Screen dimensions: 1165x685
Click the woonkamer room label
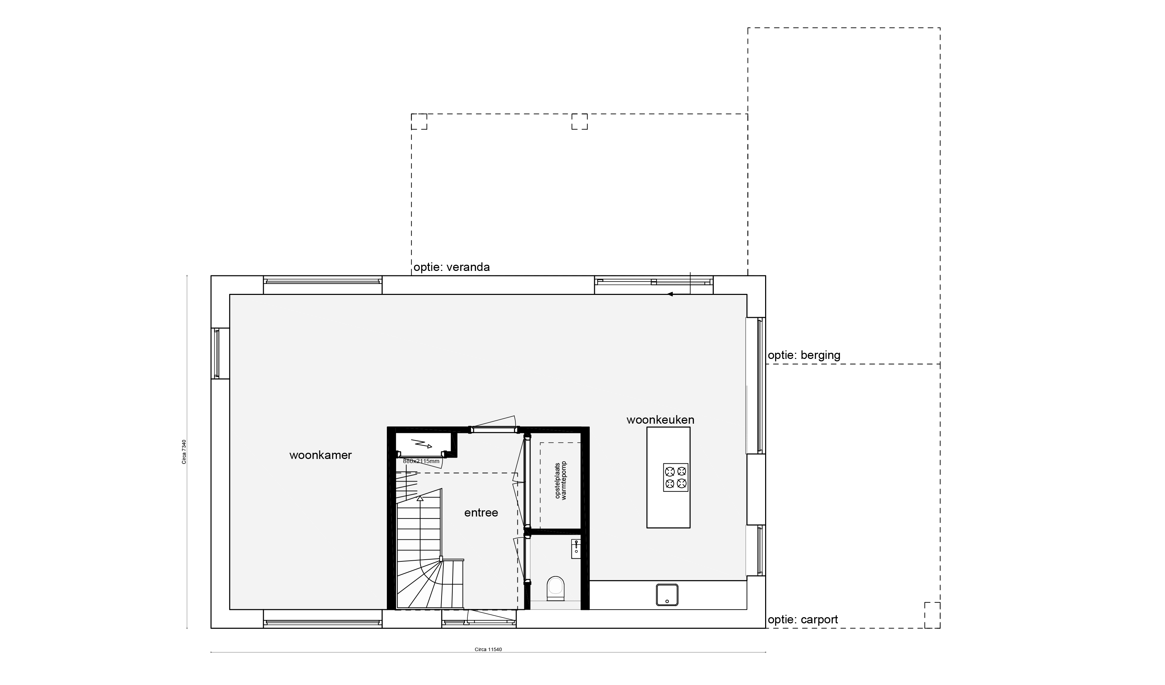tap(320, 455)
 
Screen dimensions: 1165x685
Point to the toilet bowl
tap(555, 588)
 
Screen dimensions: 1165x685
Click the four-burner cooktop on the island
tap(675, 477)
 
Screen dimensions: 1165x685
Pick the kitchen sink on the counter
tap(667, 595)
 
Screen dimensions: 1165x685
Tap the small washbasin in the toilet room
tap(576, 549)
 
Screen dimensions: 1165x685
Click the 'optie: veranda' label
tap(452, 267)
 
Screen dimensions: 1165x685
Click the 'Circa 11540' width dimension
tap(488, 649)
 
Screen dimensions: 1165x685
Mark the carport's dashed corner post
tap(932, 615)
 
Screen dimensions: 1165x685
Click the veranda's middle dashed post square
tap(580, 122)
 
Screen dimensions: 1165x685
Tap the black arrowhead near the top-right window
tap(670, 294)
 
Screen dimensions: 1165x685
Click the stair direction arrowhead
tap(420, 498)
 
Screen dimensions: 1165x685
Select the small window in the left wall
tap(216, 353)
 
